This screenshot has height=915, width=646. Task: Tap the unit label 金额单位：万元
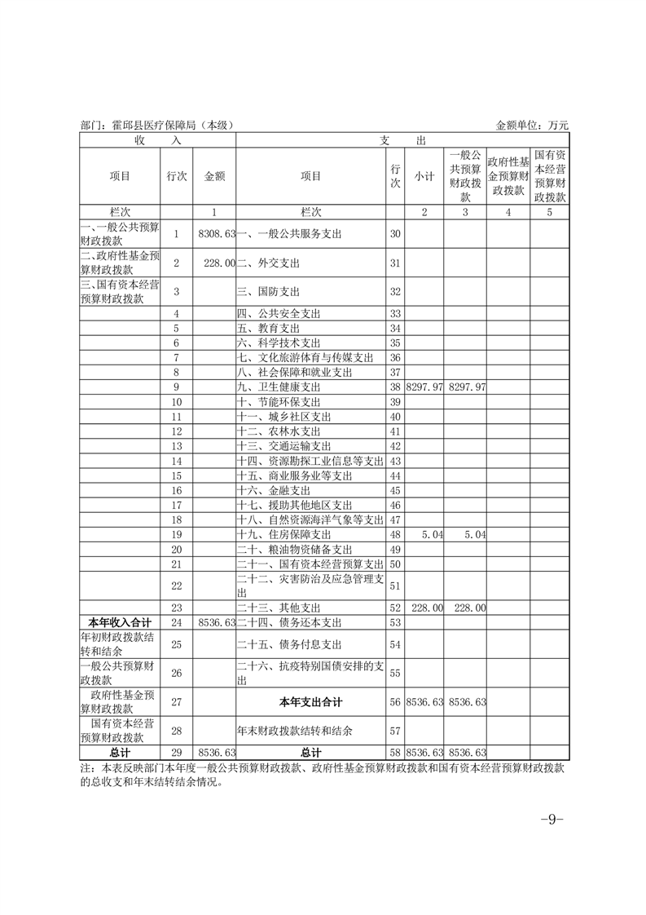click(531, 125)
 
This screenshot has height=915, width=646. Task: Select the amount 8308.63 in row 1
click(217, 234)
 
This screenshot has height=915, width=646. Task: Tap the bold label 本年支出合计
click(310, 701)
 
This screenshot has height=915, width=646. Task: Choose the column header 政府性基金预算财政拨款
click(508, 175)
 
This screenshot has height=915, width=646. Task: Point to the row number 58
click(396, 752)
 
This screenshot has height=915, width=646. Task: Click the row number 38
click(396, 387)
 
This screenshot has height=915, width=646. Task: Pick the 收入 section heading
click(156, 140)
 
